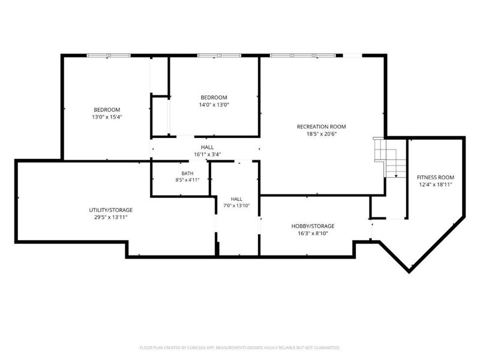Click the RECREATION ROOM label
click(321, 127)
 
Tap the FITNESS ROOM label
click(436, 177)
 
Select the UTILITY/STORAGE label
click(111, 210)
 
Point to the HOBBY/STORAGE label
click(313, 226)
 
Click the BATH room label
click(187, 173)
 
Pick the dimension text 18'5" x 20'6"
click(321, 134)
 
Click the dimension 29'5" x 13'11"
click(111, 217)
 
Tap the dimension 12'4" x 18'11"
click(436, 185)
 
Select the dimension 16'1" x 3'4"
click(207, 155)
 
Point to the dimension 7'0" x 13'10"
click(236, 206)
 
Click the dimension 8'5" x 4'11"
click(187, 180)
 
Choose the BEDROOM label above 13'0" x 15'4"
click(107, 110)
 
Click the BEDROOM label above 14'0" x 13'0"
click(214, 97)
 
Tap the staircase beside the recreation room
click(389, 157)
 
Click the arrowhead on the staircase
click(396, 176)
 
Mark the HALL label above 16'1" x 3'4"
click(207, 147)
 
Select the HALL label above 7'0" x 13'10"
click(236, 199)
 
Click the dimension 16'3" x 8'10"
click(313, 233)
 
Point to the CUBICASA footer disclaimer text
click(239, 348)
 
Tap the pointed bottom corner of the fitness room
click(409, 272)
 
